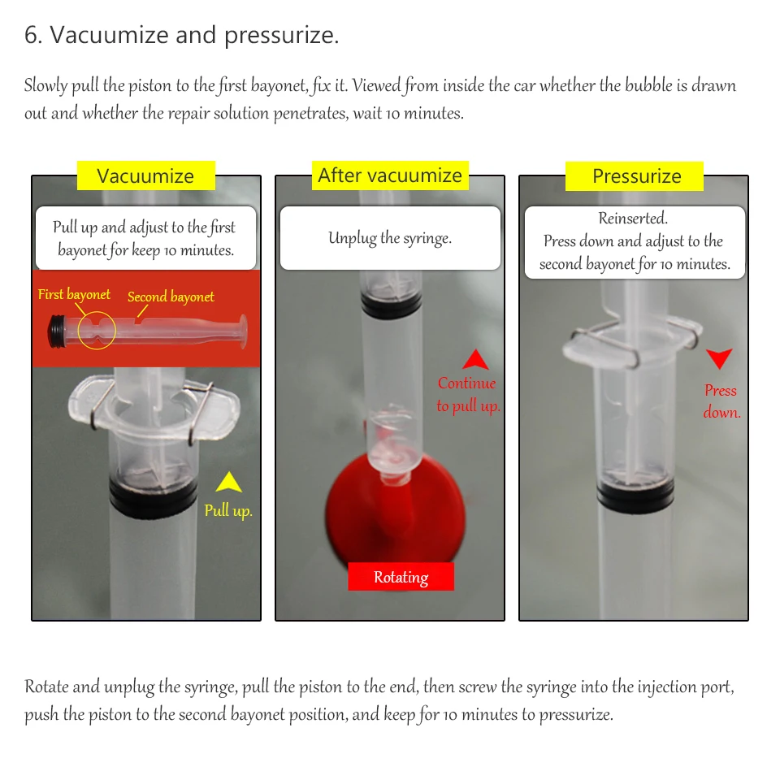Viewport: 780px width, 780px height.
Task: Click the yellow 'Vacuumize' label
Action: coord(145,175)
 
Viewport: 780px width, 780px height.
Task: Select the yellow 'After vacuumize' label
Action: coord(390,175)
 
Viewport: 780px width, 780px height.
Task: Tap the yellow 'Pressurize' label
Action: coord(635,176)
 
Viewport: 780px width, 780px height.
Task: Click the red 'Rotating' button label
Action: coord(401,577)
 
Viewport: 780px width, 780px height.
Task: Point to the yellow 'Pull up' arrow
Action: coord(229,482)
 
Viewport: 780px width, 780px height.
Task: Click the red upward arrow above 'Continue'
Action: coord(475,359)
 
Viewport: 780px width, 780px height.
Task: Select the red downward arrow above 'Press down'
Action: coord(719,358)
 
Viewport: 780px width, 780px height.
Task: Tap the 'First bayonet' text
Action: coord(74,294)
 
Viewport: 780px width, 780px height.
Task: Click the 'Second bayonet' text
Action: coord(171,297)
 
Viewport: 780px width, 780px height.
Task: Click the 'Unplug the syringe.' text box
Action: coord(391,238)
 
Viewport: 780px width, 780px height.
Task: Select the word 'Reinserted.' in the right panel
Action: coord(633,218)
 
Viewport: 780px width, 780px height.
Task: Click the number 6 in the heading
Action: coord(30,35)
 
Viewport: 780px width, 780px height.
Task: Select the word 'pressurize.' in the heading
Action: coord(281,36)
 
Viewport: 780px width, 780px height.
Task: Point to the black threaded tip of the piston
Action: coord(57,331)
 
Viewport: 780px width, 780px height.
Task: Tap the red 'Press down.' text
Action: coord(721,401)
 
